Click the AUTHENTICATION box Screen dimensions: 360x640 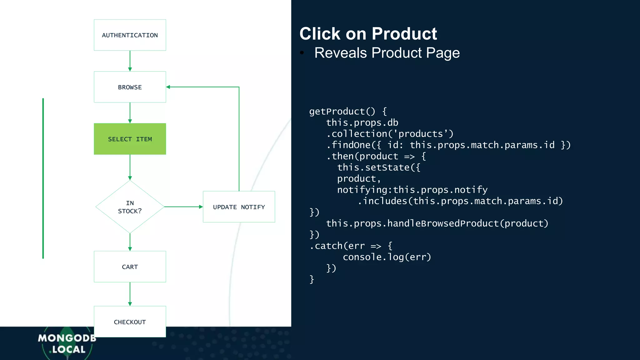[x=130, y=35]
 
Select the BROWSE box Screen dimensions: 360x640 [x=130, y=87]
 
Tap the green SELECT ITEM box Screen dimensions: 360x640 [x=130, y=139]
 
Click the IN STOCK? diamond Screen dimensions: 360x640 [x=130, y=207]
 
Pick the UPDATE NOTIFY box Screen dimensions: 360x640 [x=239, y=207]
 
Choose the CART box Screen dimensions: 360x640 [x=130, y=267]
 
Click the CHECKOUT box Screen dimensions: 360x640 [x=130, y=322]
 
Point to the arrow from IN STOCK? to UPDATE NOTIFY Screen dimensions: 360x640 [x=183, y=207]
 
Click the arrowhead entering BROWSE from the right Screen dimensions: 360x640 [x=168, y=87]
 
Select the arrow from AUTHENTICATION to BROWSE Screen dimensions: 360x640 [x=130, y=61]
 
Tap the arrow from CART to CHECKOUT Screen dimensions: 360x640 [x=130, y=294]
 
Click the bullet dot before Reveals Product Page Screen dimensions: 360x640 [x=302, y=52]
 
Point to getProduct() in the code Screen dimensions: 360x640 [x=342, y=112]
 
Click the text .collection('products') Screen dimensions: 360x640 [x=390, y=134]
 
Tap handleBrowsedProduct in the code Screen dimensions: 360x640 [x=443, y=223]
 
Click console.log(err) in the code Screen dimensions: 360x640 [x=387, y=257]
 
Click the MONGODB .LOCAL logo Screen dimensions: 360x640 [x=67, y=344]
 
